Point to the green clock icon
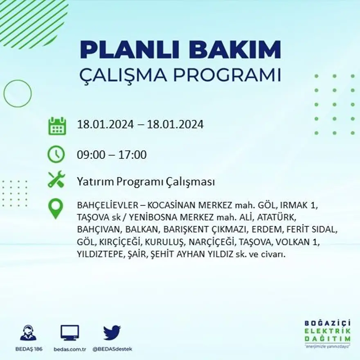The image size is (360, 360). coord(56,154)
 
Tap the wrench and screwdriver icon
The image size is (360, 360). coord(56,180)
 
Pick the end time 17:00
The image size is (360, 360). coord(133,155)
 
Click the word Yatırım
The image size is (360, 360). coord(94,182)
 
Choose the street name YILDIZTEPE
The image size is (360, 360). coord(100,254)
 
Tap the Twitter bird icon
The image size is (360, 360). coord(112,333)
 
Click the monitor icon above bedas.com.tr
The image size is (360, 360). coord(70,333)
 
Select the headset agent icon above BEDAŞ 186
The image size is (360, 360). coord(28,333)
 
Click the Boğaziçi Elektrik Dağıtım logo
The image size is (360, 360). coord(327,333)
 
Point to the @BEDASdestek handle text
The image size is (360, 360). coord(112,349)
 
